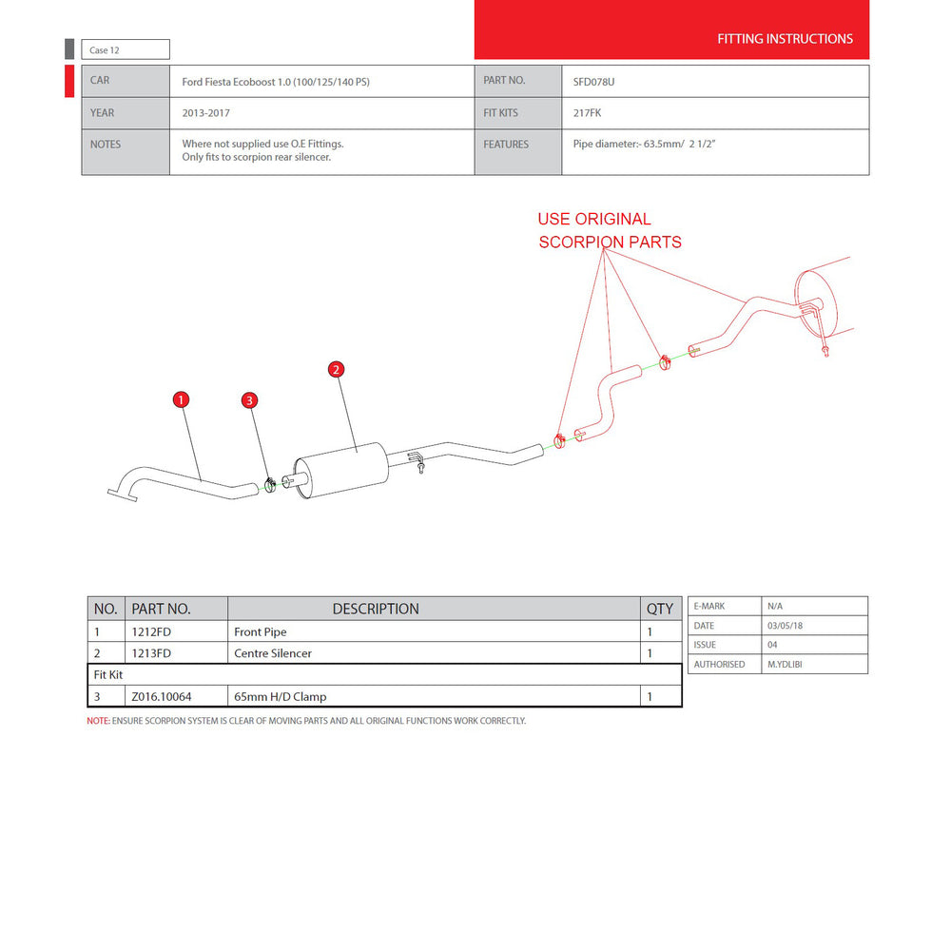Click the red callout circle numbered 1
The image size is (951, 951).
(x=181, y=399)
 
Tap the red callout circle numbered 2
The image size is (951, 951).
(x=336, y=369)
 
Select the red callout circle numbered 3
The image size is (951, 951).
(x=249, y=400)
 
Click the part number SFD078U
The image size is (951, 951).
(x=593, y=82)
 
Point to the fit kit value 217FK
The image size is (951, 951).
(x=587, y=113)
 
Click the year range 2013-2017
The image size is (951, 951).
(x=205, y=113)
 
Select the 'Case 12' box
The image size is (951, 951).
(x=126, y=49)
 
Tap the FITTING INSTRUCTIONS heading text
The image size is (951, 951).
(x=785, y=39)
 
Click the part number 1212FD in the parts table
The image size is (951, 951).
(x=151, y=631)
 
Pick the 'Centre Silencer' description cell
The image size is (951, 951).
(x=273, y=653)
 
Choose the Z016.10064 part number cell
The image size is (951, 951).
(x=162, y=697)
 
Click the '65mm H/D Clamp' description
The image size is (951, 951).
(x=281, y=697)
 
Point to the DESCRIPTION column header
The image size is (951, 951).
(x=376, y=609)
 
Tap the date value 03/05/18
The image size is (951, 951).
(x=785, y=626)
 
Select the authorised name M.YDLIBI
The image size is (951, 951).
(x=785, y=664)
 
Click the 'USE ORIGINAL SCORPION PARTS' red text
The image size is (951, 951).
(x=610, y=230)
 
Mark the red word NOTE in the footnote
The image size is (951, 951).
(x=98, y=721)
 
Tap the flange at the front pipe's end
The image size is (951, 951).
(x=123, y=495)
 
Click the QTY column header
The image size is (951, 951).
(x=660, y=609)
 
